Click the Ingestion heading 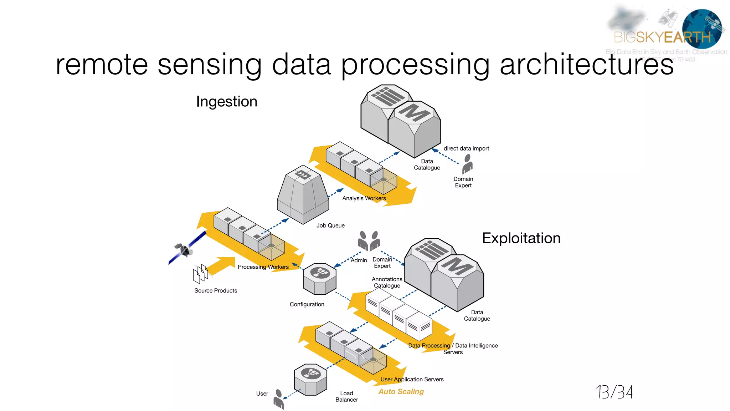pyautogui.click(x=227, y=102)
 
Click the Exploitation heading pyautogui.click(x=521, y=238)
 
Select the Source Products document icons pyautogui.click(x=201, y=274)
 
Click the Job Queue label pyautogui.click(x=330, y=225)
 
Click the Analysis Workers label pyautogui.click(x=364, y=198)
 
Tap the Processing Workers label pyautogui.click(x=263, y=267)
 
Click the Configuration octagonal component pyautogui.click(x=320, y=279)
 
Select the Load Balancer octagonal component pyautogui.click(x=310, y=379)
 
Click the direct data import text pyautogui.click(x=466, y=148)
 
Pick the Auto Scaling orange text pyautogui.click(x=401, y=392)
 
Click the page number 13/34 pyautogui.click(x=614, y=392)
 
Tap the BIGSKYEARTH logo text pyautogui.click(x=662, y=37)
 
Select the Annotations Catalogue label pyautogui.click(x=387, y=282)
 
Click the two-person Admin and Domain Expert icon pyautogui.click(x=369, y=241)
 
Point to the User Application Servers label pyautogui.click(x=412, y=379)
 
